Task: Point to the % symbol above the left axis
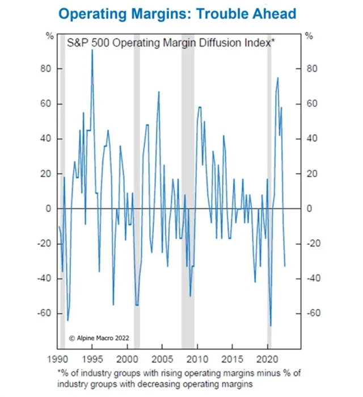(50, 36)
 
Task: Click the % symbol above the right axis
(309, 36)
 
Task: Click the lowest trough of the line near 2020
(271, 325)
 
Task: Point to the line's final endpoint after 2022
(285, 265)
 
